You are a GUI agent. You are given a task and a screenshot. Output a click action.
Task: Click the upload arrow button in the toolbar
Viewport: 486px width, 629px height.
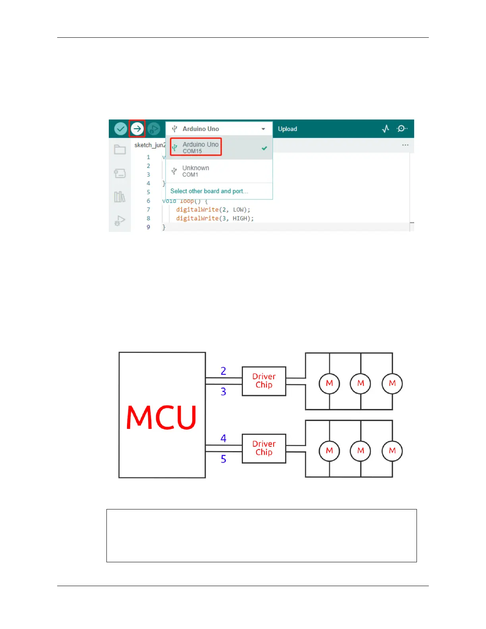coord(137,129)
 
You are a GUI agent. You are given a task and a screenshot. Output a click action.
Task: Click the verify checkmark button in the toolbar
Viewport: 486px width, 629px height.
coord(121,129)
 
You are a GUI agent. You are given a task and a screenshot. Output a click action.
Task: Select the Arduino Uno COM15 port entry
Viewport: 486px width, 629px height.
coord(196,147)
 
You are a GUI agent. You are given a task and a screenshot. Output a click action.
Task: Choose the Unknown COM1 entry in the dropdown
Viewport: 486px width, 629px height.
coord(195,171)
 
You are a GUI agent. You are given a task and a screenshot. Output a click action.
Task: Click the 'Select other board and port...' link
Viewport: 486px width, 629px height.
coord(209,191)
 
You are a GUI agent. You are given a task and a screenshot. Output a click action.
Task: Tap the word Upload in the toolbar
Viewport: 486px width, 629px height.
coord(287,129)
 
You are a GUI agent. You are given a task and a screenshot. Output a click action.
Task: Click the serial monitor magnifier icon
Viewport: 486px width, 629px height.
coord(402,129)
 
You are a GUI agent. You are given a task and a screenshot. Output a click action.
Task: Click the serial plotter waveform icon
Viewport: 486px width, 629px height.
coord(386,129)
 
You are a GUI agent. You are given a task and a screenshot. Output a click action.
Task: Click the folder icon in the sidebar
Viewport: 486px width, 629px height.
coord(120,150)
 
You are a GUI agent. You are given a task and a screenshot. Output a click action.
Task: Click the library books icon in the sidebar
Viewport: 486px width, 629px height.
coord(120,197)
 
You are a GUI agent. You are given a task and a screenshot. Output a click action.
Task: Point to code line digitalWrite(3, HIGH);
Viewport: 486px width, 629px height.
coord(215,218)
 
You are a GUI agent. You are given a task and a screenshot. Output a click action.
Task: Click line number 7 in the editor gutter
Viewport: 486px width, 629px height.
coord(148,210)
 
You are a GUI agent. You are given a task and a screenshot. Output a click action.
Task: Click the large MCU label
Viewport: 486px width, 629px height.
coord(161,417)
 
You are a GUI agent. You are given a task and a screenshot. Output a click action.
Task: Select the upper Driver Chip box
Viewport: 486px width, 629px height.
coord(264,381)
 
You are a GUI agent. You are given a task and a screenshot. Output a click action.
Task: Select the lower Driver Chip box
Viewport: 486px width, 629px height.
coord(264,448)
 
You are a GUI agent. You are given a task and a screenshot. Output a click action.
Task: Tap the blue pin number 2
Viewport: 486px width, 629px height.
coord(224,371)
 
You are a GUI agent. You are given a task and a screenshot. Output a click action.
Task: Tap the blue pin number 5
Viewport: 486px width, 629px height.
coord(224,459)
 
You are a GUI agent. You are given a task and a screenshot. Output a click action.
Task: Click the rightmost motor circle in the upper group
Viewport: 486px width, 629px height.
coord(392,384)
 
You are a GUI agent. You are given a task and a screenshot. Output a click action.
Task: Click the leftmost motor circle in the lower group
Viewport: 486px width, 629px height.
coord(330,451)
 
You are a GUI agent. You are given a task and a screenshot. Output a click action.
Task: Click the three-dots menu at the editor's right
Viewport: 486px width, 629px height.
coord(405,145)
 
